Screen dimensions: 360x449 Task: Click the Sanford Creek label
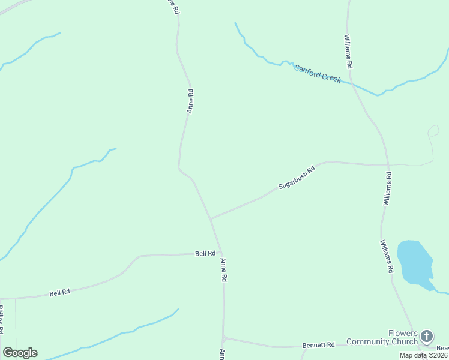click(x=318, y=73)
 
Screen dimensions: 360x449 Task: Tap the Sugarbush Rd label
click(x=297, y=178)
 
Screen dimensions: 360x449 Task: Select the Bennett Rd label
click(x=319, y=345)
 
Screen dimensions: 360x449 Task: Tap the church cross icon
click(x=427, y=336)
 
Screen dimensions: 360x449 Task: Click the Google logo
click(x=20, y=352)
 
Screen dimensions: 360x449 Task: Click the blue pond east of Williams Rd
click(x=415, y=262)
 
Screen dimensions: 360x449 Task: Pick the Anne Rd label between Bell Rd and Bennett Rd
click(x=223, y=270)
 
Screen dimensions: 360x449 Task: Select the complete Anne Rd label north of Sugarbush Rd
click(x=190, y=101)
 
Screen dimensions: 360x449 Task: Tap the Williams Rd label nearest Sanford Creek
click(x=348, y=50)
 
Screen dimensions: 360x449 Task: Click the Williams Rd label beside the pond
click(x=386, y=256)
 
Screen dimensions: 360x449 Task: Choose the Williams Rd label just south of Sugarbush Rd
click(x=388, y=189)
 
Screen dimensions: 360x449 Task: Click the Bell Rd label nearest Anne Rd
click(x=205, y=254)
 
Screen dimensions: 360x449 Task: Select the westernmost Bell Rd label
click(x=60, y=293)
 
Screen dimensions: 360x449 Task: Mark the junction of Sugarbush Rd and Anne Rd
click(x=210, y=219)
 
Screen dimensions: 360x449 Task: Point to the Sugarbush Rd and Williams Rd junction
click(x=388, y=165)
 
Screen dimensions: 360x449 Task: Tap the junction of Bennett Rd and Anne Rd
click(x=223, y=338)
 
